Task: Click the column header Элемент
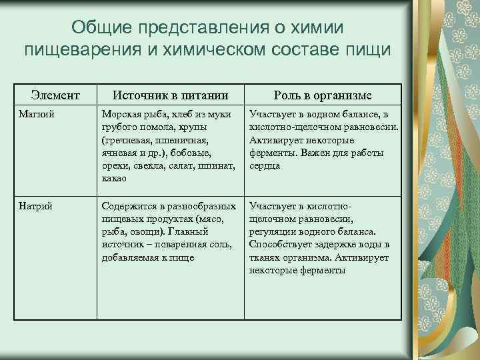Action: pyautogui.click(x=57, y=95)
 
